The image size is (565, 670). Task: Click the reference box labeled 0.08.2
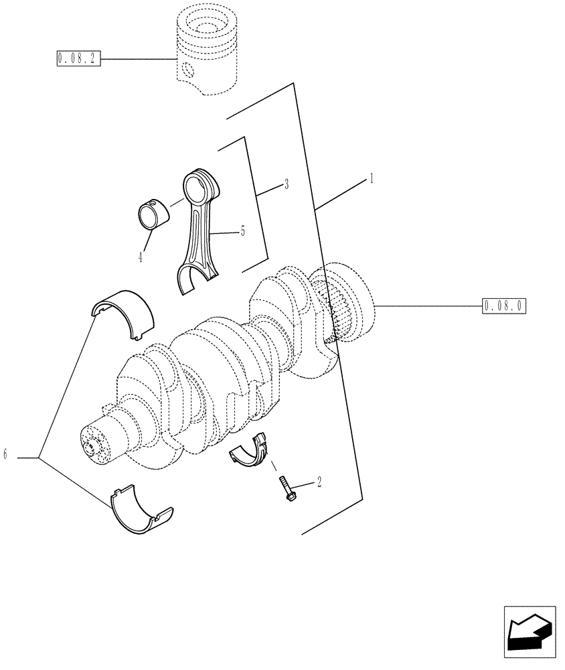[x=78, y=60]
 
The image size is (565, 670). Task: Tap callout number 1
[x=370, y=179]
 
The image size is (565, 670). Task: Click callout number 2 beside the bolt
[x=319, y=482]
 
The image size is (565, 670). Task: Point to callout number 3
[x=286, y=183]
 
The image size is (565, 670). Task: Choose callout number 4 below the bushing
[x=141, y=256]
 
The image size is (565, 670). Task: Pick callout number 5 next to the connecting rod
[x=242, y=231]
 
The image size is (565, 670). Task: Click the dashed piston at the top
[x=208, y=54]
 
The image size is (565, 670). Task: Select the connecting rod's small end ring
[x=200, y=187]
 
